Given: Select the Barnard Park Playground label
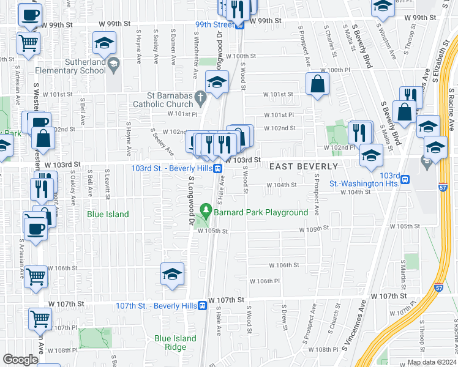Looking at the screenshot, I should (x=260, y=212).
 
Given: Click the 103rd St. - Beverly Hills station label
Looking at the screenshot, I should (x=171, y=168).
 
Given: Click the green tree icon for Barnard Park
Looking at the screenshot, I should (x=207, y=212).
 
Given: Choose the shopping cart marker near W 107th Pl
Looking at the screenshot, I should (x=40, y=318).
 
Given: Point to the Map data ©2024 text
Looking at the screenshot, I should (x=431, y=362).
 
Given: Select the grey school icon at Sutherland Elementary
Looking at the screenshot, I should (x=113, y=64).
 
